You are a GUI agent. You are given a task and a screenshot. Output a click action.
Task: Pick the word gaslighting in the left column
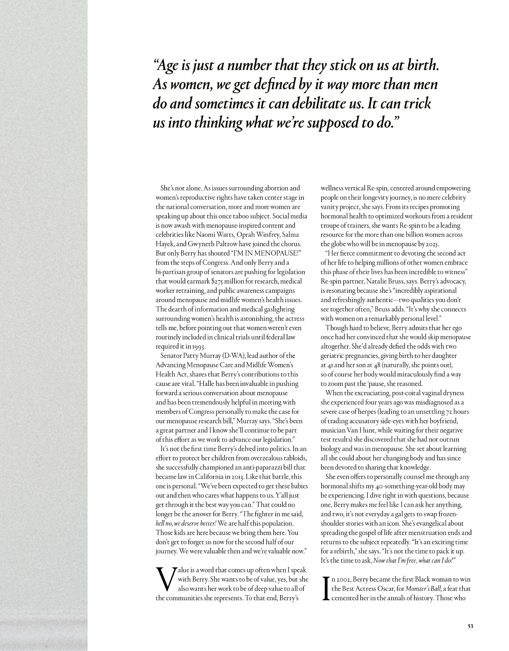277,309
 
